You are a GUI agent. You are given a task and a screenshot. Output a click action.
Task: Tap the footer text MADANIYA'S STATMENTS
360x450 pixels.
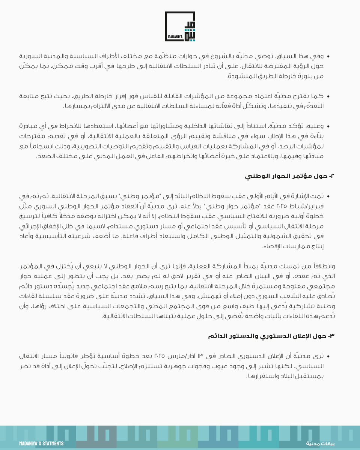click(x=42, y=444)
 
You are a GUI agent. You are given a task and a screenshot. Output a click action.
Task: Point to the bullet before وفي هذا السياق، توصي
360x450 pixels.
click(x=328, y=57)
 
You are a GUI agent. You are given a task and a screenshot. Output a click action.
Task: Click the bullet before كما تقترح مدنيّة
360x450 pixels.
click(x=328, y=97)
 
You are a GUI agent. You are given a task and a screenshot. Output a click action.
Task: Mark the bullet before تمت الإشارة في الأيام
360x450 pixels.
click(x=328, y=196)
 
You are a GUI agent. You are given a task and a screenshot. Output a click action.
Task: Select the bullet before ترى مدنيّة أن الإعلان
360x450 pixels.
click(x=328, y=356)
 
